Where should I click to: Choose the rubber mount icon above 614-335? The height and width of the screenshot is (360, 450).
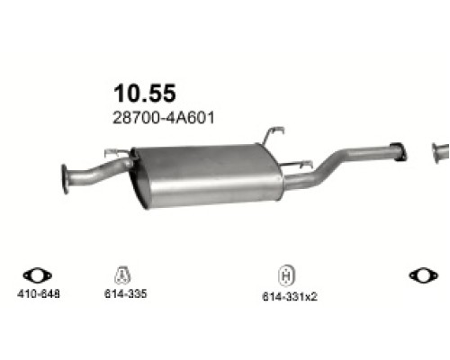[x=123, y=275]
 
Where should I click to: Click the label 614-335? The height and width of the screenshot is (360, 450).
[x=123, y=293]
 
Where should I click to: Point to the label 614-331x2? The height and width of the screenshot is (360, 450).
[x=285, y=295]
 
